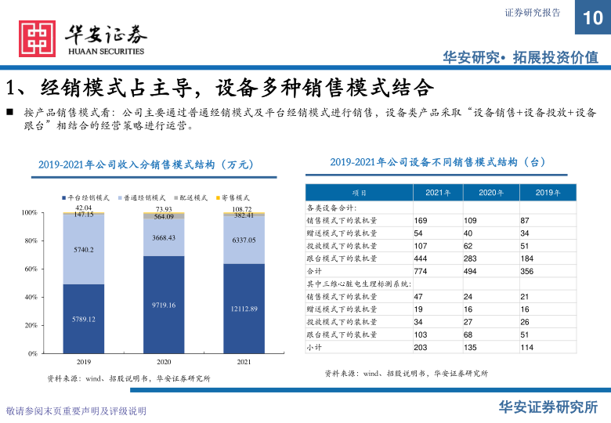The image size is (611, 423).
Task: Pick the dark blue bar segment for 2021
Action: (244, 309)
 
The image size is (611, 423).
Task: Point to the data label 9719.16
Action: (164, 305)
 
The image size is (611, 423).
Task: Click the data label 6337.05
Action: (244, 240)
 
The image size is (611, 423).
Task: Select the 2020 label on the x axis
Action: (164, 363)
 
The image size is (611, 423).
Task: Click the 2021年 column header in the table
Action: (437, 193)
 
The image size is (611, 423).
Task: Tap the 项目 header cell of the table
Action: (359, 193)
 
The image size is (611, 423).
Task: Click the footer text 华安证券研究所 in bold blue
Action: (548, 407)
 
